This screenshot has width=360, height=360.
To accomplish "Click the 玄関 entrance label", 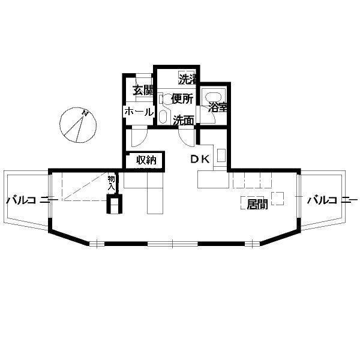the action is (x=143, y=91).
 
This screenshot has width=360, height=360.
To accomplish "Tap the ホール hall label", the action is (x=139, y=112).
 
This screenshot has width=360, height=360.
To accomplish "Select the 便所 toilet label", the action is (x=182, y=99).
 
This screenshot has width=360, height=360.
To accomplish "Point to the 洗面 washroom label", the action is (x=184, y=121).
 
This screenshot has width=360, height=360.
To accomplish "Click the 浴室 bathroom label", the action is (x=217, y=107).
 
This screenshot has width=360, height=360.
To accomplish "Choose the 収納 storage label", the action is (x=146, y=160).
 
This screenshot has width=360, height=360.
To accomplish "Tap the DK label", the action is (x=200, y=159).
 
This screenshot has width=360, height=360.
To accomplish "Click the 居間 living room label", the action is (x=257, y=204).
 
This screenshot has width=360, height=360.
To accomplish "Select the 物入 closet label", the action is (x=112, y=182).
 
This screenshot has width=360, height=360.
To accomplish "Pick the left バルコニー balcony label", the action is (x=32, y=200).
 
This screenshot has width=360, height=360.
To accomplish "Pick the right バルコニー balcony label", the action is (x=332, y=200).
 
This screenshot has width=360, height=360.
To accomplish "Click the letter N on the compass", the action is (x=86, y=113).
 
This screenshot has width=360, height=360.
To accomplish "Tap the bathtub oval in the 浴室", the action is (x=213, y=97).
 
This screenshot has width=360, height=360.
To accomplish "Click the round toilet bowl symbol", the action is (x=167, y=99).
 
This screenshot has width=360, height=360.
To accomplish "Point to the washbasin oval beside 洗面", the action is (x=163, y=116).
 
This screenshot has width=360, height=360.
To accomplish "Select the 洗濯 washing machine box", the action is (x=187, y=77).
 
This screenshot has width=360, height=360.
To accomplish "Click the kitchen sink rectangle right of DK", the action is (x=221, y=155).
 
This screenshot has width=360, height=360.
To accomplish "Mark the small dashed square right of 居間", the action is (x=278, y=199).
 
